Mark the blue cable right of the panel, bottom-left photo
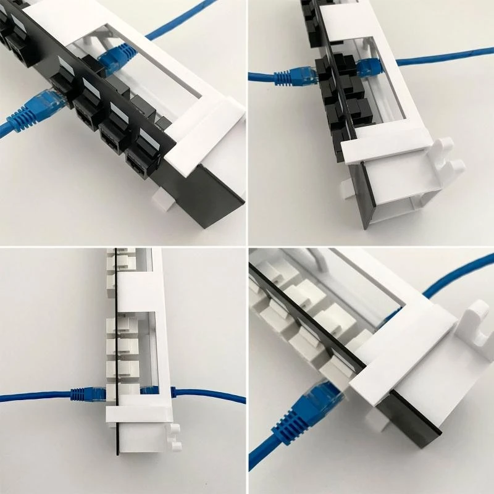(210, 395)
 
